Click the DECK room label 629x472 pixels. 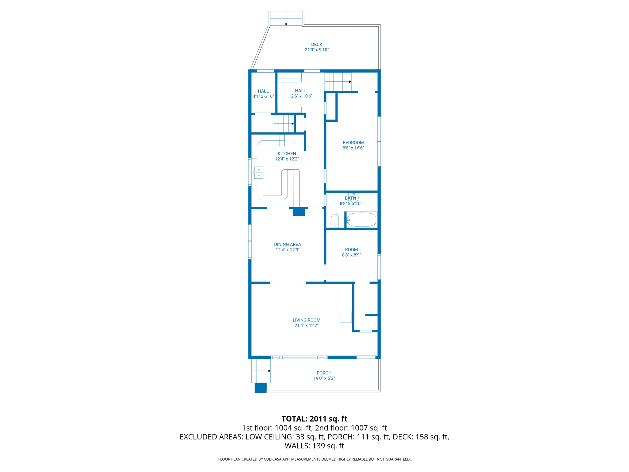[x=317, y=45]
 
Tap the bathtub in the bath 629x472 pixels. [x=361, y=220]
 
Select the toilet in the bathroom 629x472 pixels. [x=335, y=221]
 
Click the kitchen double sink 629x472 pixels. [x=259, y=173]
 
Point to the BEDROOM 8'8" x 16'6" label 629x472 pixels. [x=353, y=145]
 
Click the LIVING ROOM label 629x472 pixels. [x=306, y=320]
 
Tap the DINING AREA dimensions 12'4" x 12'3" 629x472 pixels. [x=287, y=250]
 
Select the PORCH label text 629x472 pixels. [x=324, y=373]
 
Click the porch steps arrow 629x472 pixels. [x=269, y=371]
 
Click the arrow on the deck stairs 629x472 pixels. [x=286, y=24]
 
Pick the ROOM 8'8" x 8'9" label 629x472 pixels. [x=351, y=252]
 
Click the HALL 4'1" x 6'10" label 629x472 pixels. [x=263, y=94]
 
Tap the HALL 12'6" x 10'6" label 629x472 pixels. [x=300, y=93]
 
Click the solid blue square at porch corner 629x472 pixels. [x=260, y=387]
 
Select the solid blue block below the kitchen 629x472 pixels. [x=299, y=212]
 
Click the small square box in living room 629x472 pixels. [x=346, y=317]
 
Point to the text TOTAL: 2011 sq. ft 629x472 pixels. [x=314, y=419]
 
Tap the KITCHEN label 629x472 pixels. [x=287, y=154]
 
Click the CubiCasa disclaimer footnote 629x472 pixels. [x=314, y=459]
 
